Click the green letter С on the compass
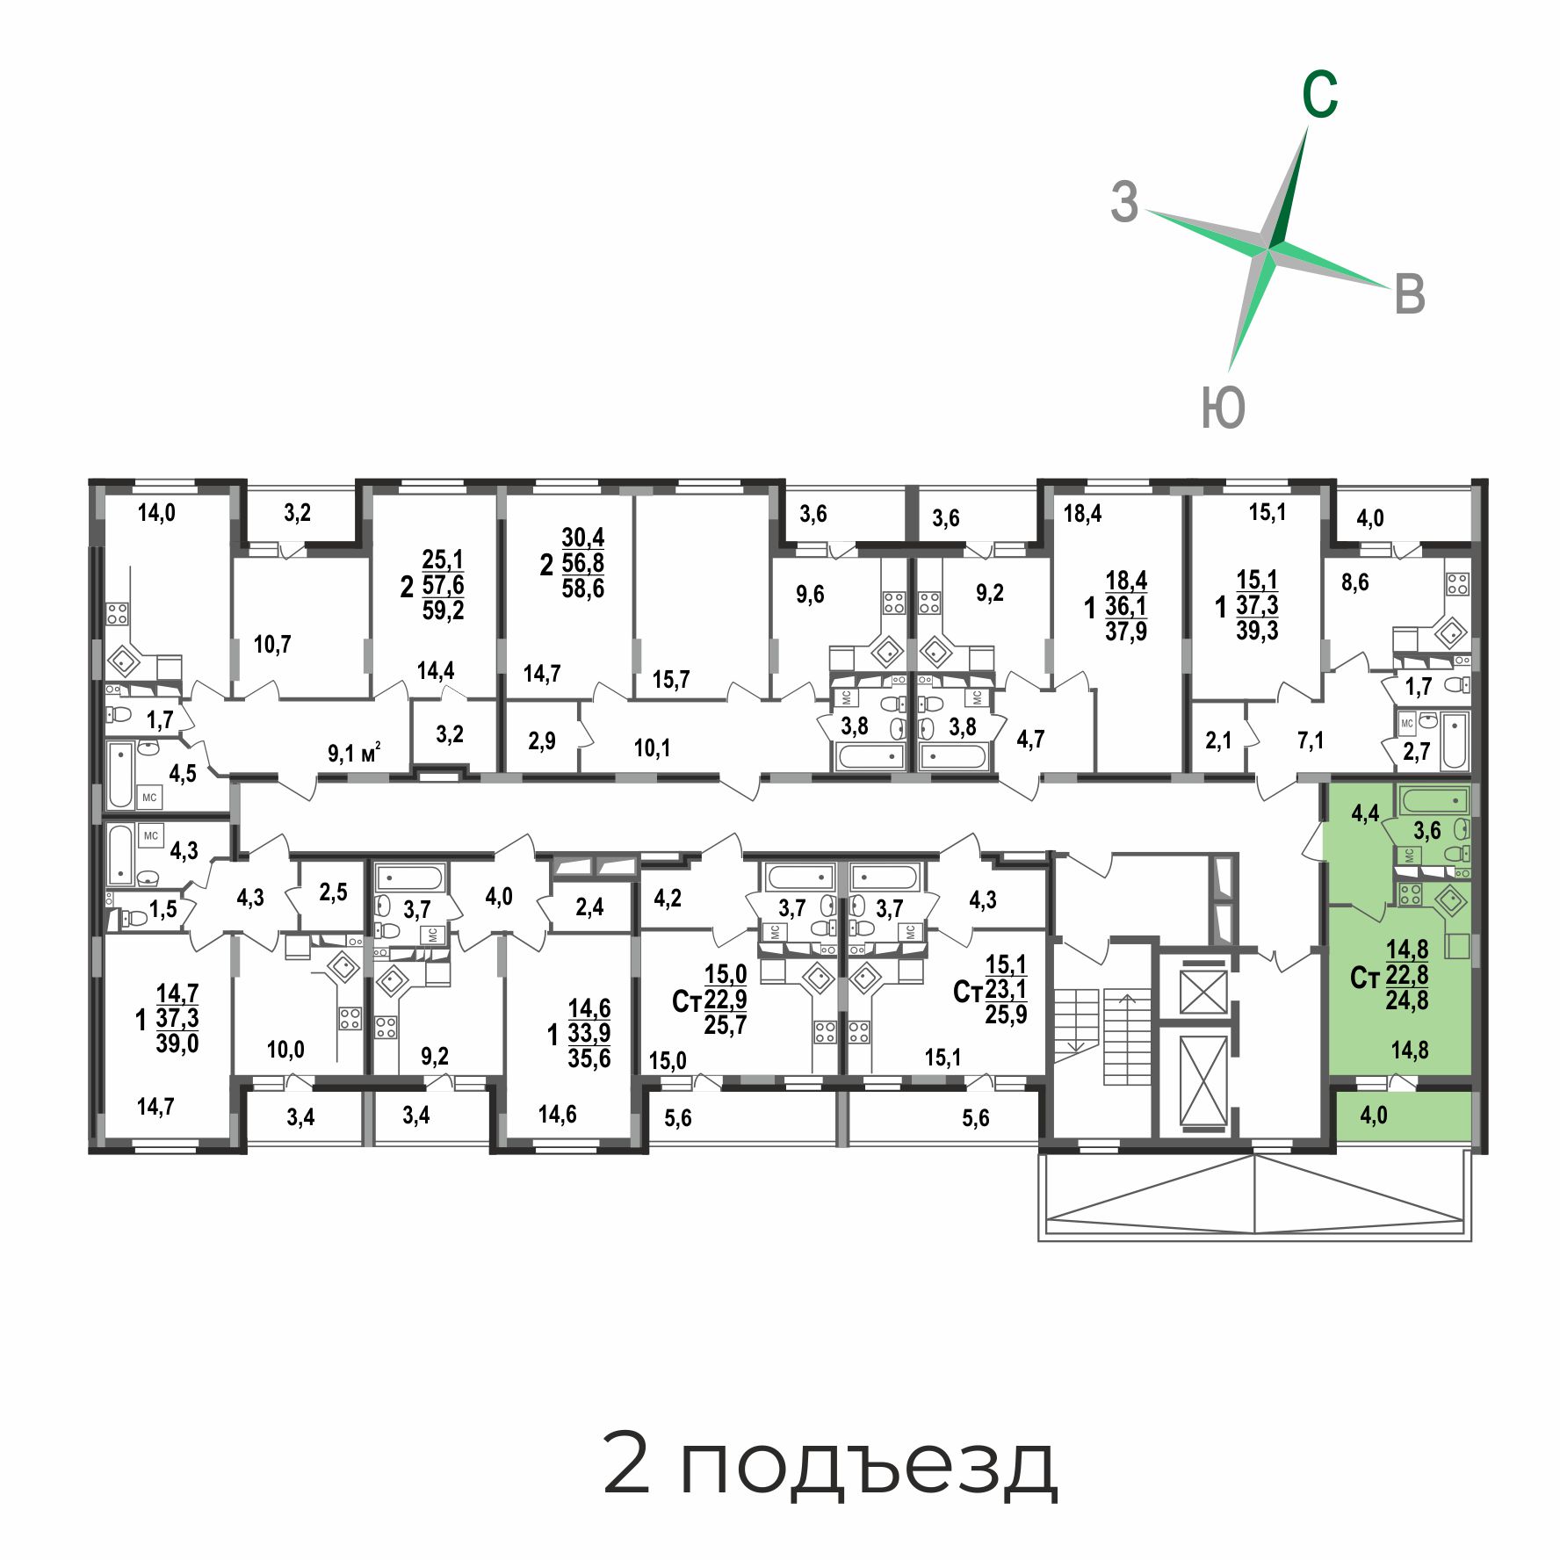click(1319, 94)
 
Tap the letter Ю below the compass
click(1223, 408)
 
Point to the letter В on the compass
click(1410, 293)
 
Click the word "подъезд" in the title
click(869, 1467)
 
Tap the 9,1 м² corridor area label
click(354, 753)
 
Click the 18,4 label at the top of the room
click(1082, 513)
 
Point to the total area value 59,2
click(443, 610)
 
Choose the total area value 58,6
click(583, 588)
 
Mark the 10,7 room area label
click(272, 645)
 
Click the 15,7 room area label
click(671, 679)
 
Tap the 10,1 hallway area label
click(652, 747)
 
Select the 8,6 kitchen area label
click(1355, 581)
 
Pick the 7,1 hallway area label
click(1311, 741)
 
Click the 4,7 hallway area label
click(1030, 739)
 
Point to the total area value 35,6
click(589, 1058)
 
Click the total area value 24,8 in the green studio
click(1407, 1000)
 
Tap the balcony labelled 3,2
click(298, 513)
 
